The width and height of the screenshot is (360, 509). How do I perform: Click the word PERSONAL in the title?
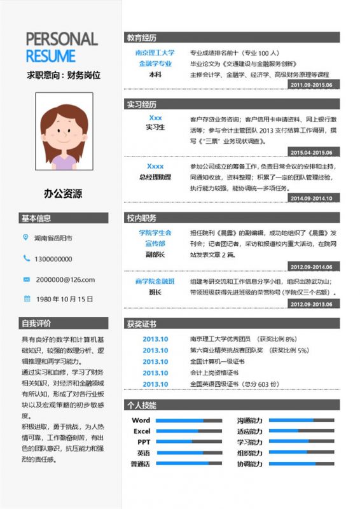pos(62,39)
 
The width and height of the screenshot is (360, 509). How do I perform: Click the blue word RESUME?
pos(51,55)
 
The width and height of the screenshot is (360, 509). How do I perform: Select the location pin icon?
pos(26,237)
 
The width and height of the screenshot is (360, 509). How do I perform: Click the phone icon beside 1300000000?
pos(26,258)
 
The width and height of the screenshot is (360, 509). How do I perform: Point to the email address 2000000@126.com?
pos(65,279)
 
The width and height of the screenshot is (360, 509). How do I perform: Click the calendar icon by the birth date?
pos(26,298)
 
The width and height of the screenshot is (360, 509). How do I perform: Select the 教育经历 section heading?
pos(141,38)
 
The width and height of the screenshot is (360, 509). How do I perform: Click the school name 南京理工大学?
pos(155,53)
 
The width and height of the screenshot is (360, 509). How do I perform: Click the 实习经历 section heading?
pos(141,104)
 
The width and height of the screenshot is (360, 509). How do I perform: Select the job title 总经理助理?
pos(155,178)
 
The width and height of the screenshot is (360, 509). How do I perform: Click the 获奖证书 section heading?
pos(141,324)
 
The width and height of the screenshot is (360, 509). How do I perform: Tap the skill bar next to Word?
pos(189,421)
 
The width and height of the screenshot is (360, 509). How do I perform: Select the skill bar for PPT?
pos(189,442)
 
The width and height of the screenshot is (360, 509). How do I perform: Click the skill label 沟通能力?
pos(249,421)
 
